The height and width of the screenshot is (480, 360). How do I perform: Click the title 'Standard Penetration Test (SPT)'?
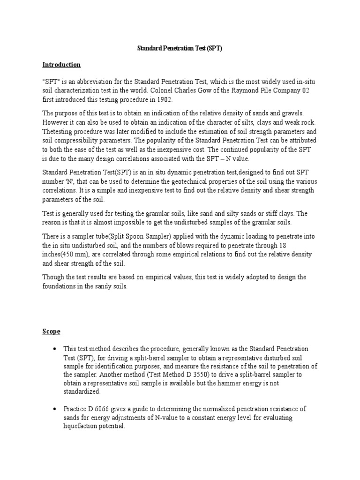(x=180, y=48)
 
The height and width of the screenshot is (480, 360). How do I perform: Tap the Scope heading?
(x=52, y=331)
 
